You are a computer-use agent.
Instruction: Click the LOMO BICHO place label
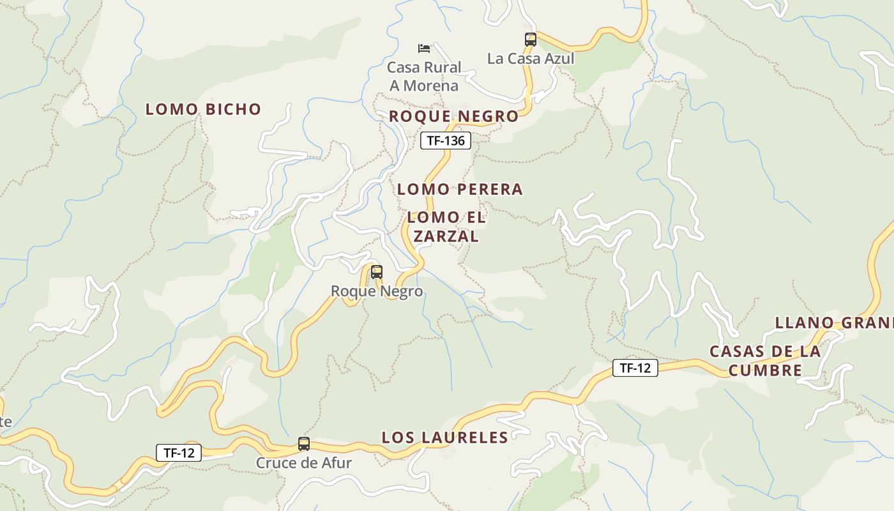click(203, 109)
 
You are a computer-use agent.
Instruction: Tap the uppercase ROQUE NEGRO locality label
click(453, 116)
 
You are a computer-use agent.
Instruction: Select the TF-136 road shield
click(445, 141)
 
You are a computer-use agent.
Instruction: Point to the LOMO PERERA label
click(460, 189)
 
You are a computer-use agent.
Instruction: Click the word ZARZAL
click(446, 236)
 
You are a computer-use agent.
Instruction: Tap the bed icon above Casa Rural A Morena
click(423, 48)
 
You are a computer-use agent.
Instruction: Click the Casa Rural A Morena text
click(424, 76)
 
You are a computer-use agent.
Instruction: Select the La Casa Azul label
click(531, 59)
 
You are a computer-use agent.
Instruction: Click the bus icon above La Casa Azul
click(530, 39)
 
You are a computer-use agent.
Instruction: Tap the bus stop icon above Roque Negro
click(377, 272)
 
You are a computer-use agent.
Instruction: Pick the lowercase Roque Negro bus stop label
click(377, 291)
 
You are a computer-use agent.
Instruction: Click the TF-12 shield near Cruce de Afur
click(179, 453)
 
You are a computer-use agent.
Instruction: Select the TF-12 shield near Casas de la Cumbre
click(635, 367)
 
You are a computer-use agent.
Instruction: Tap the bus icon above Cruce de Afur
click(304, 443)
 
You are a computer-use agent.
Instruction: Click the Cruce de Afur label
click(304, 462)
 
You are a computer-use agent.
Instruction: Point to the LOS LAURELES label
click(444, 438)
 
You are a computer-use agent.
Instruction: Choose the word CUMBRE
click(765, 370)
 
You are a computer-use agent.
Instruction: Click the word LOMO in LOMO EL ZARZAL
click(428, 218)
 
